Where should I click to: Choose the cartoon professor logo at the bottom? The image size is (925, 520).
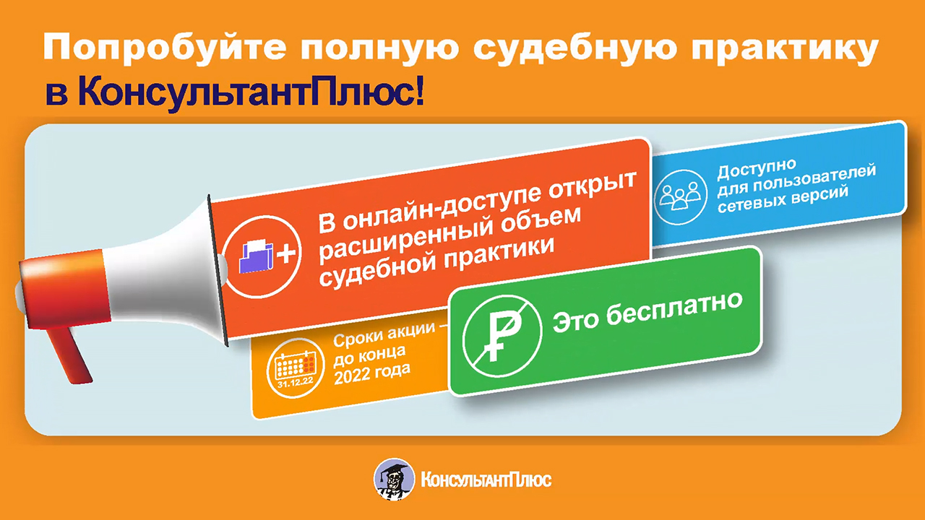(394, 479)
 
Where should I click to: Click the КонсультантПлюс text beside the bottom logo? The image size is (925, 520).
(485, 480)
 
